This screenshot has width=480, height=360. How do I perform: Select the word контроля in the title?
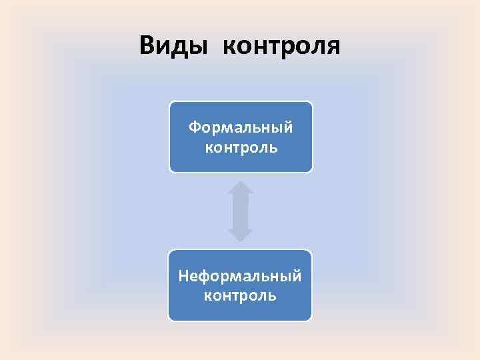click(281, 47)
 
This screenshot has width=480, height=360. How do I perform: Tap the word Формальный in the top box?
click(241, 127)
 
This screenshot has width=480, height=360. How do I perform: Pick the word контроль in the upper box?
click(241, 146)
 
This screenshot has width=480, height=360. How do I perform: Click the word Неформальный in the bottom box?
click(240, 275)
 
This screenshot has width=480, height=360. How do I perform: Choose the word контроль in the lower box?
click(240, 295)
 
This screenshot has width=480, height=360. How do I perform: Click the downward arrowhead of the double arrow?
click(241, 234)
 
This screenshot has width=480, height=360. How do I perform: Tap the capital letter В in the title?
click(148, 46)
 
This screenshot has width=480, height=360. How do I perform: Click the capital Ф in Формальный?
click(194, 127)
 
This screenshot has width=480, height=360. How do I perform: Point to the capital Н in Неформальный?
click(183, 275)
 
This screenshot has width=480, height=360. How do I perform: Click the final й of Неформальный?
click(297, 275)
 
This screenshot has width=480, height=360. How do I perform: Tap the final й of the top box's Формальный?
click(287, 126)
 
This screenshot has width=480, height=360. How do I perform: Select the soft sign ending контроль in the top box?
click(273, 147)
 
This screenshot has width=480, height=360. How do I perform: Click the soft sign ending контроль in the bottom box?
click(272, 295)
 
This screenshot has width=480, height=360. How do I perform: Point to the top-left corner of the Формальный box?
click(171, 103)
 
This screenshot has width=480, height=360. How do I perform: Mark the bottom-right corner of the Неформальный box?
click(311, 319)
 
